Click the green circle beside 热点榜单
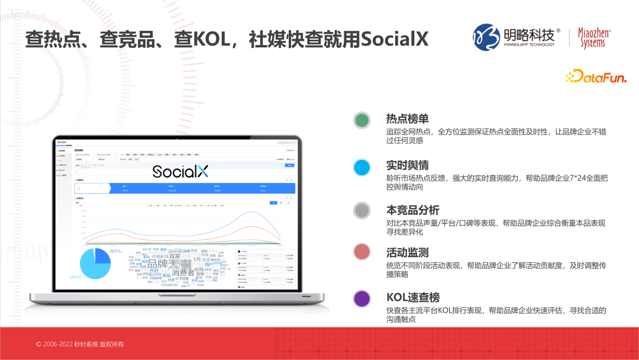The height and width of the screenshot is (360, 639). [x=362, y=120]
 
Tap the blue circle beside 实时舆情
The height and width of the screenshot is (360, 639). [x=362, y=168]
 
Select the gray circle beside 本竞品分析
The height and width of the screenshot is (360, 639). [x=362, y=210]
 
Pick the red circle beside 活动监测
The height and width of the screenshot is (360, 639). [x=362, y=252]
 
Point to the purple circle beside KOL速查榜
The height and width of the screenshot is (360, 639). [x=362, y=298]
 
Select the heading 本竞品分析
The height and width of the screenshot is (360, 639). [x=413, y=210]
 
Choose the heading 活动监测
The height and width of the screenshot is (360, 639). [x=408, y=253]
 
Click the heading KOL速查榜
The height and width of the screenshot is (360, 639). [x=413, y=297]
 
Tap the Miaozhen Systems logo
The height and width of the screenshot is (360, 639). [x=594, y=38]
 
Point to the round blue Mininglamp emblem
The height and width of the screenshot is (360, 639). [x=486, y=37]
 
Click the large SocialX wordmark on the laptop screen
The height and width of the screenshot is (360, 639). [x=180, y=172]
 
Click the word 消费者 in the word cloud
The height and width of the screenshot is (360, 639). [x=183, y=273]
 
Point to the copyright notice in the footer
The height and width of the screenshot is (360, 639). [x=80, y=344]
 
